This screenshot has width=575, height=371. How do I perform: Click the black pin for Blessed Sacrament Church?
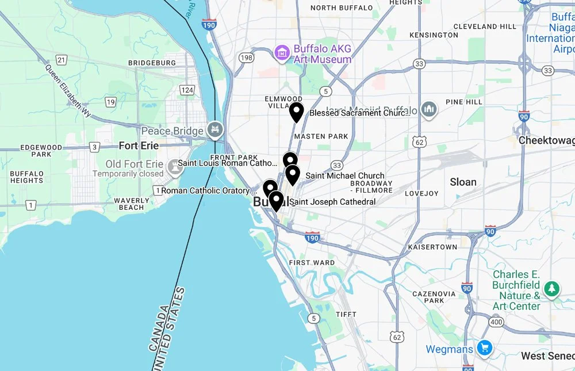(296, 112)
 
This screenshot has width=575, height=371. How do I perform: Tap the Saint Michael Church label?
(345, 175)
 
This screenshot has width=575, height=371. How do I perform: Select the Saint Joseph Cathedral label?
(333, 202)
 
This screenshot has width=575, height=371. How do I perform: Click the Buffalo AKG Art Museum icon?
(282, 53)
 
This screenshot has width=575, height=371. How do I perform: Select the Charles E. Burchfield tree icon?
(552, 289)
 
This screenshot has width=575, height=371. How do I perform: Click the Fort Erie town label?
(139, 146)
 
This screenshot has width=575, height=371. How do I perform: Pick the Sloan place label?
(463, 182)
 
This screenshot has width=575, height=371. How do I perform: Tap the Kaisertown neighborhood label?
(432, 247)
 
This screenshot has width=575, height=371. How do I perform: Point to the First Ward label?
(312, 262)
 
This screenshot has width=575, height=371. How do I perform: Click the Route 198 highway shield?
(247, 58)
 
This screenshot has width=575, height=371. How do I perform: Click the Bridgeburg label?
(152, 63)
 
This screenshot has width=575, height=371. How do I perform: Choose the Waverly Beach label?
(132, 204)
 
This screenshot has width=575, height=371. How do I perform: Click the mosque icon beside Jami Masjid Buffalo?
(428, 108)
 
